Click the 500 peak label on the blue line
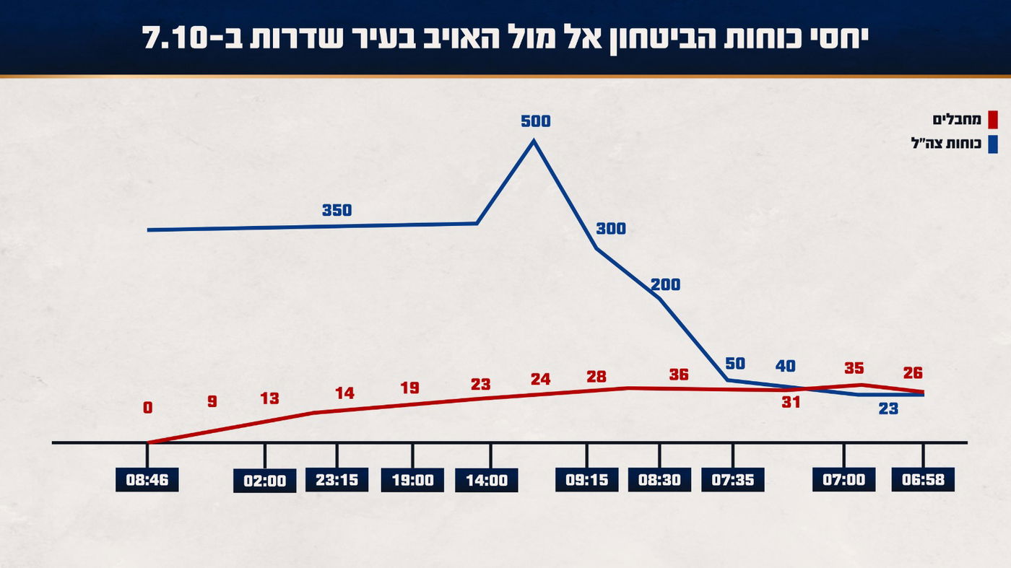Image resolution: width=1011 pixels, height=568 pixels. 535,121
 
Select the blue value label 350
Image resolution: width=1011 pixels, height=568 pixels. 337,211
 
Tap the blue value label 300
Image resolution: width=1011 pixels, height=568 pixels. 611,230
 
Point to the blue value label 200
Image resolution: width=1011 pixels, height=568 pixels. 665,285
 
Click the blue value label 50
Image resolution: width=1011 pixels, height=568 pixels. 734,364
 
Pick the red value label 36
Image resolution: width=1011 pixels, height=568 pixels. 679,375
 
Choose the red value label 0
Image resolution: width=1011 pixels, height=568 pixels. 148,408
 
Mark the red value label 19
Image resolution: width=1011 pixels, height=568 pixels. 409,388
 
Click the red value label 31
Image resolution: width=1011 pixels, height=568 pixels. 791,403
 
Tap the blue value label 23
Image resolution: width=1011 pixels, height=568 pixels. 888,408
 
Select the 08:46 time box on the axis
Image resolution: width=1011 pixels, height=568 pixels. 147,480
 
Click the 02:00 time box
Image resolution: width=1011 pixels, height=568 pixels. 265,481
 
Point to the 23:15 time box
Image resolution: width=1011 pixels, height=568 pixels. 337,480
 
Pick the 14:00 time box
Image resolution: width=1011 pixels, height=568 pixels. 487,480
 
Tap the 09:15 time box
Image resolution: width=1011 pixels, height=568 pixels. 587,480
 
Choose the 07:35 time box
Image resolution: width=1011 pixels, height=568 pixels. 732,480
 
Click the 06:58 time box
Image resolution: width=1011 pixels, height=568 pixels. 923,480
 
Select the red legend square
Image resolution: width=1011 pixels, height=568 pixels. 992,119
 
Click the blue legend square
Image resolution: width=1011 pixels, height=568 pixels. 992,144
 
